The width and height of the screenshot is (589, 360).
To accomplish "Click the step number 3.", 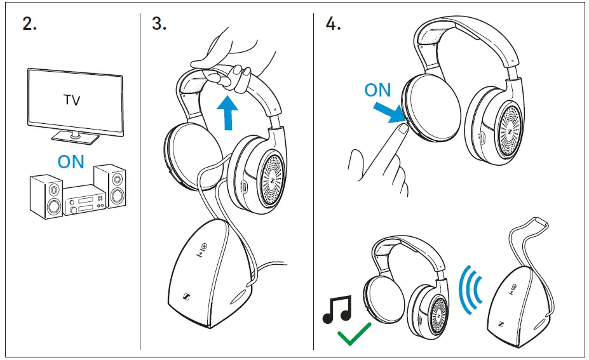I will pyautogui.click(x=159, y=25).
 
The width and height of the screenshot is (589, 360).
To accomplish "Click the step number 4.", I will pyautogui.click(x=333, y=25).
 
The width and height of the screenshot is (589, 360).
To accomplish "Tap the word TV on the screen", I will pyautogui.click(x=72, y=100).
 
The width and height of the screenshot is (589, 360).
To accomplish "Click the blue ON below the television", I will pyautogui.click(x=71, y=162).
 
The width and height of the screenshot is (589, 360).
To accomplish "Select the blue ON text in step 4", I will pyautogui.click(x=377, y=91).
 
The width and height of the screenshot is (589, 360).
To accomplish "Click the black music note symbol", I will pyautogui.click(x=336, y=309).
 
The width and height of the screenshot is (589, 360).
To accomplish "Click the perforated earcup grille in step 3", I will pyautogui.click(x=262, y=180).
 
